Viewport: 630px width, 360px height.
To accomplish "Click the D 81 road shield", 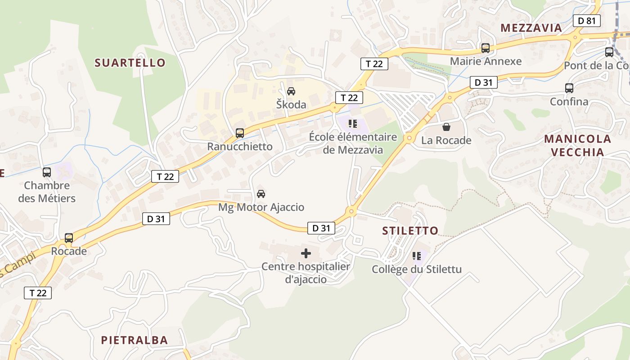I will click(587, 20).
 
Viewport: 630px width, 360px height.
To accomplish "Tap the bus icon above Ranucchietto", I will click(240, 133).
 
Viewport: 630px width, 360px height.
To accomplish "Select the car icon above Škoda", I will click(291, 91).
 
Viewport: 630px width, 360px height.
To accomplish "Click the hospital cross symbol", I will click(306, 253).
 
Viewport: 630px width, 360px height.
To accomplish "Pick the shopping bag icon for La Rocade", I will click(446, 127).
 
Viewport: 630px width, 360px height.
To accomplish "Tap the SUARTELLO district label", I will click(130, 63).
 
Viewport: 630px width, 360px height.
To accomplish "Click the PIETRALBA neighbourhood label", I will click(134, 340).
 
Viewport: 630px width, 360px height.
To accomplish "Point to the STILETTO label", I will click(410, 231).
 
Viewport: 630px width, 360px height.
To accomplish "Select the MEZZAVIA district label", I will click(531, 28).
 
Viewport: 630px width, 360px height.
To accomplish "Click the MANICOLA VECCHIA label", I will click(578, 145).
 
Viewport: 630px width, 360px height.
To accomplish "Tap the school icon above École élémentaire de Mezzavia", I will click(353, 123).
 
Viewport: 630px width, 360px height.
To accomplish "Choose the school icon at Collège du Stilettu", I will click(417, 256).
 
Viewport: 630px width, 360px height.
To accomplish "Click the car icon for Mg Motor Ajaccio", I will click(261, 194).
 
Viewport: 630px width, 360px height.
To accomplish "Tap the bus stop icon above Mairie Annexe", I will click(485, 48).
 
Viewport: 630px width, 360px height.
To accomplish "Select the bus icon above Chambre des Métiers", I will click(47, 172).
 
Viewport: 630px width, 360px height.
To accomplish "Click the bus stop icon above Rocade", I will click(69, 238).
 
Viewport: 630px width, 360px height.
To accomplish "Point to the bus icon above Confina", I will click(569, 88).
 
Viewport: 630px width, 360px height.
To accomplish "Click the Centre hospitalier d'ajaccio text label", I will click(306, 273).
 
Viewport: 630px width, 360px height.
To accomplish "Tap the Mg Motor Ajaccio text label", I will click(261, 207).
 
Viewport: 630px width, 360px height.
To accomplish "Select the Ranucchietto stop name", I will click(240, 147).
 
